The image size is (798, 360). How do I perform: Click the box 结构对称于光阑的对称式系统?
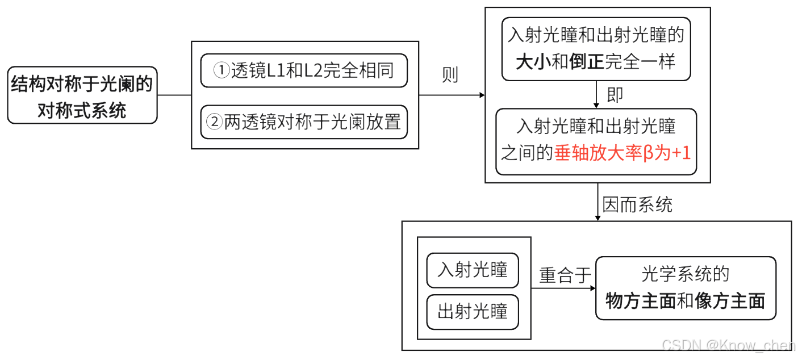pos(82,95)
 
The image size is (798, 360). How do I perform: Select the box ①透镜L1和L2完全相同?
pos(304,70)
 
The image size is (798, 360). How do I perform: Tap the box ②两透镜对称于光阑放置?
pos(304,122)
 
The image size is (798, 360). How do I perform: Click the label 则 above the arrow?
pos(450,74)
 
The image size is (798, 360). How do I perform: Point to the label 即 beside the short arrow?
pos(615,95)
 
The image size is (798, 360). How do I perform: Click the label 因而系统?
pos(637,204)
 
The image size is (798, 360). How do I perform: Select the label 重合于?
pos(565,275)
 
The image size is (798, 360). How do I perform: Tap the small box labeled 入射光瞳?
pos(473,270)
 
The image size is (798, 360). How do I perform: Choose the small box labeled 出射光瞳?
pos(473,312)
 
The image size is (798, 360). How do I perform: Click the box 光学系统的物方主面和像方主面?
pos(686,288)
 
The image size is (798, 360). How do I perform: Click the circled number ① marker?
pos(220,70)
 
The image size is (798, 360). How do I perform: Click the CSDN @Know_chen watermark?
pos(729,346)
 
